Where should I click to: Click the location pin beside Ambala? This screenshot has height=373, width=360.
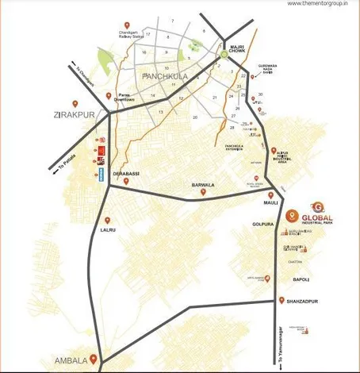[94, 359]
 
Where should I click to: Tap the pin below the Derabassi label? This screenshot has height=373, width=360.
[127, 182]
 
